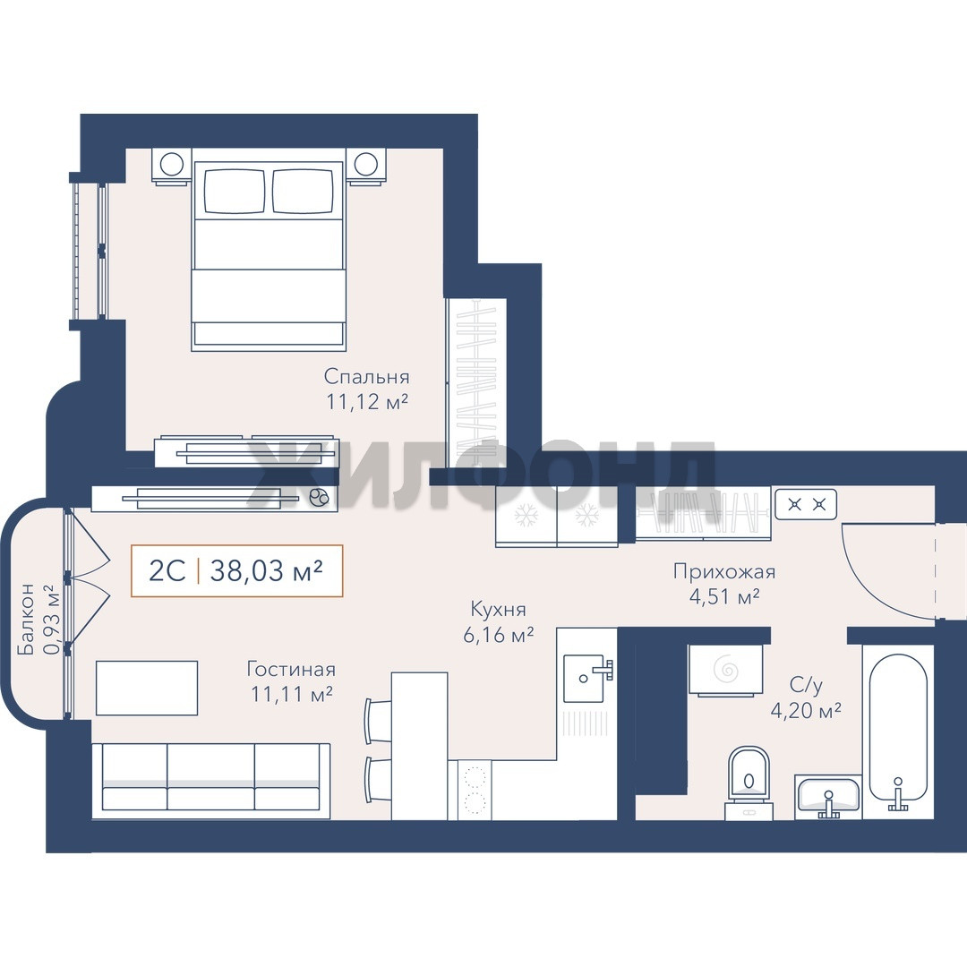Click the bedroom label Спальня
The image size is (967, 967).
coord(366,376)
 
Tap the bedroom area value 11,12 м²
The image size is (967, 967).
coord(367,402)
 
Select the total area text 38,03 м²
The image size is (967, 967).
coord(266,571)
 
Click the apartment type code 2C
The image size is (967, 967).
coord(167,571)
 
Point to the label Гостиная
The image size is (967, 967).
coord(291,669)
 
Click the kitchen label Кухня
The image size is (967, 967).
coord(499,610)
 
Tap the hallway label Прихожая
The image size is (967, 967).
coord(724,571)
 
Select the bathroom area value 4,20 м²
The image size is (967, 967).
coord(806,711)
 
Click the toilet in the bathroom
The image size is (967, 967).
coord(749,782)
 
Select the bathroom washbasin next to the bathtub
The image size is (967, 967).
coord(827,797)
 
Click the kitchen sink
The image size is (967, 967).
coord(584,678)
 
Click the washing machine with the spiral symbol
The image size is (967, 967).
coord(726,669)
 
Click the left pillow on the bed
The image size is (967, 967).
coord(235,192)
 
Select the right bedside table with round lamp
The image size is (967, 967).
coord(366,166)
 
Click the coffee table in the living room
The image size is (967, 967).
coord(147,688)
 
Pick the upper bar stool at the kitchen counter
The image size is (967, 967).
coord(378,720)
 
